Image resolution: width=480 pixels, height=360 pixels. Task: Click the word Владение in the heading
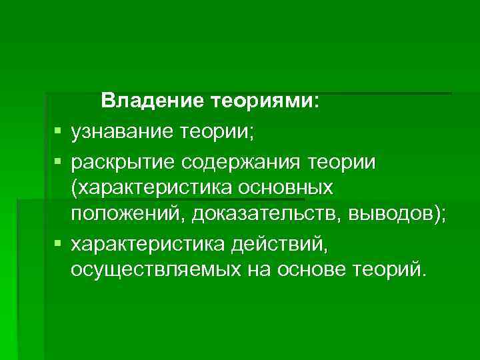pos(153,102)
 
